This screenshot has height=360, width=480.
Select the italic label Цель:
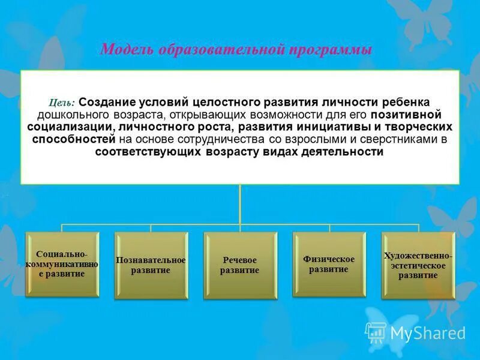point(62,102)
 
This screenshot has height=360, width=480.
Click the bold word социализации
point(70,127)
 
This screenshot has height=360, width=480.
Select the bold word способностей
point(71,139)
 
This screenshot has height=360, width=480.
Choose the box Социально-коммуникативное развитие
point(62,264)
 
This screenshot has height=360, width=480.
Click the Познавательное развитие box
point(151,265)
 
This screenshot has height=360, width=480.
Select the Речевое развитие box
point(240,265)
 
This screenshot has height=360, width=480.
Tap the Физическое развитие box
point(329,264)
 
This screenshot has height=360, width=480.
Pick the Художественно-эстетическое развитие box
point(418,265)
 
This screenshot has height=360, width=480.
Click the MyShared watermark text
point(428,333)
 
